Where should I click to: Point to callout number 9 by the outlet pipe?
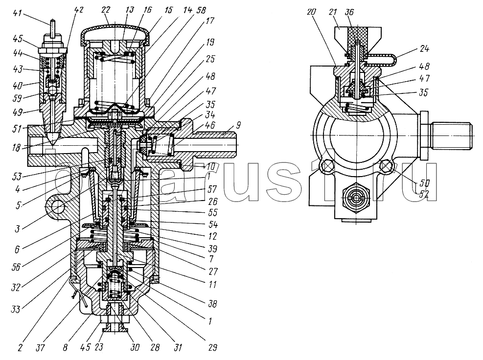pos(239,125)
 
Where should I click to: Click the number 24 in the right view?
pos(424,48)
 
